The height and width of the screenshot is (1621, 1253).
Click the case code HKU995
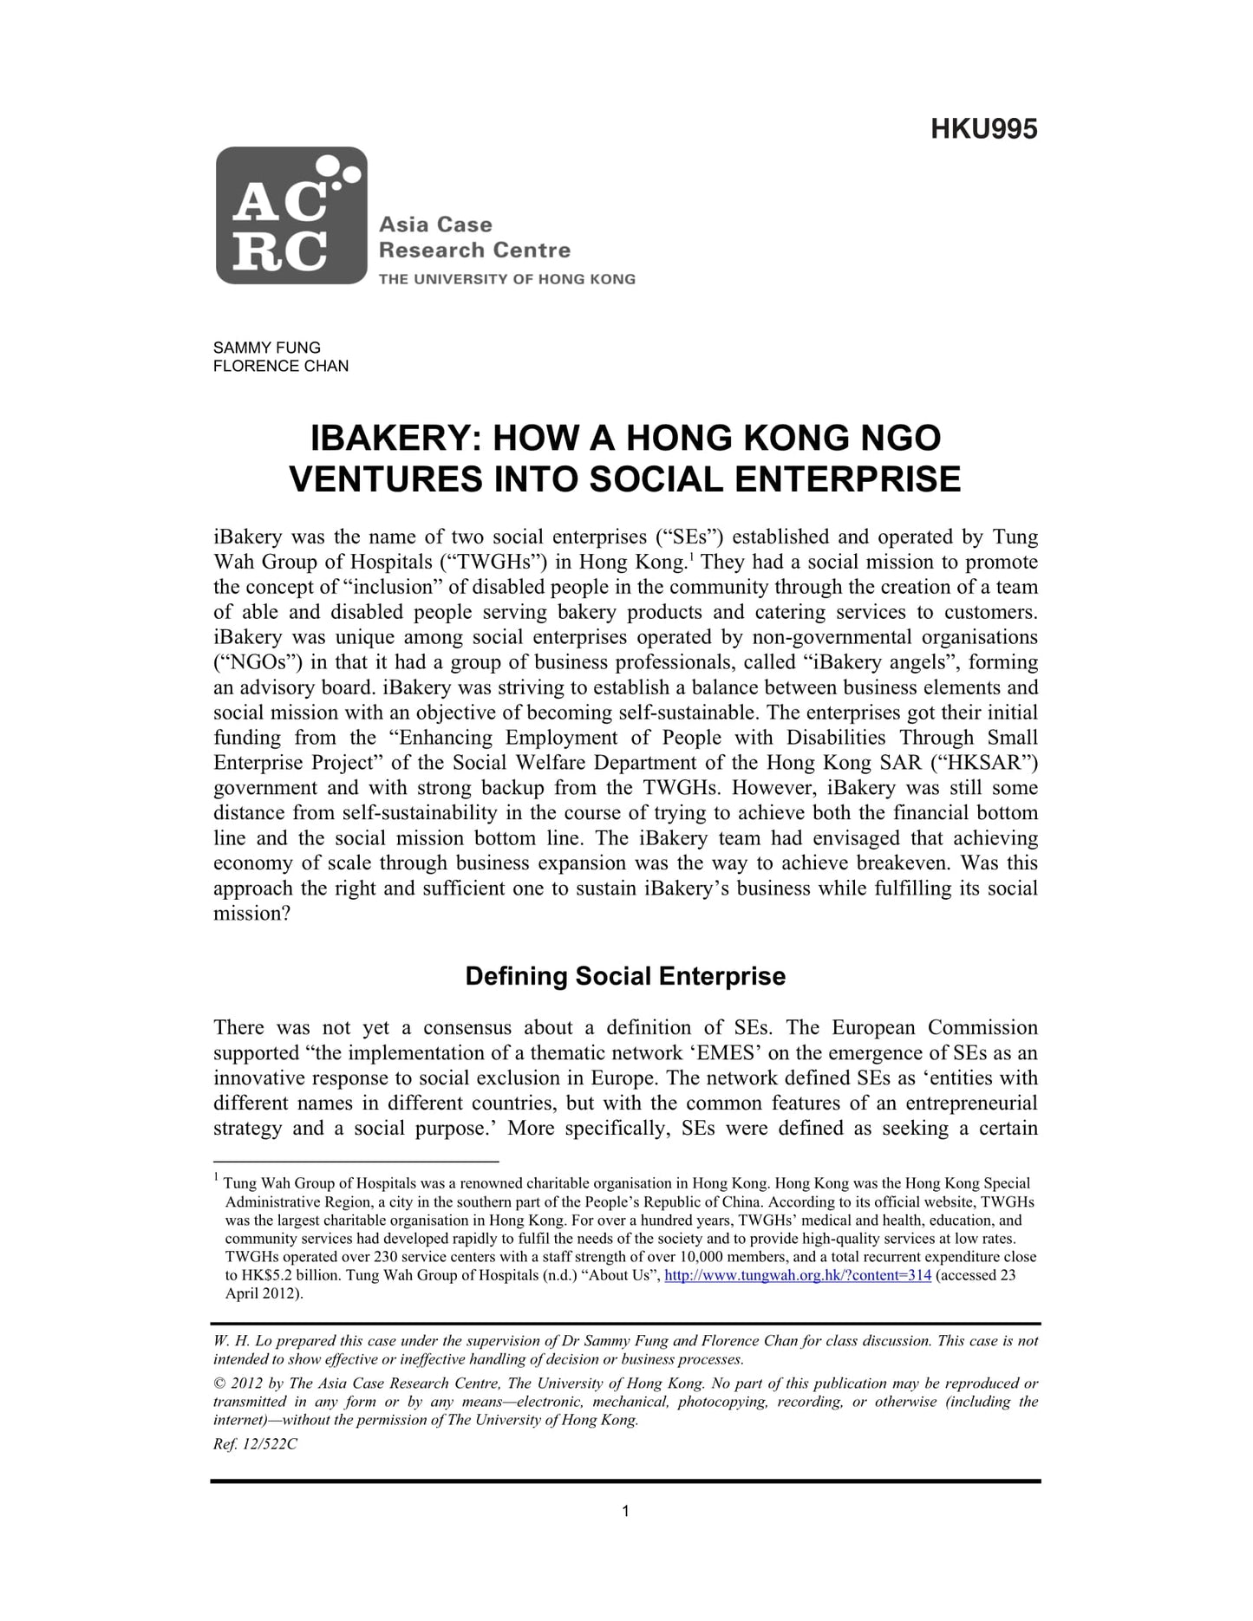[x=983, y=129]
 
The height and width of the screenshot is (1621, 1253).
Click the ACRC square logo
[x=291, y=216]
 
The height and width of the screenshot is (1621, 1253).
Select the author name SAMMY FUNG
[x=267, y=348]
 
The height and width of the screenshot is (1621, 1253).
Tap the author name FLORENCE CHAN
[x=281, y=366]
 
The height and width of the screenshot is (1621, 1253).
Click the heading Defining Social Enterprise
[x=625, y=976]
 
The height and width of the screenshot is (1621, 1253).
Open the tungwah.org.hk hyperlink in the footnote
[x=797, y=1275]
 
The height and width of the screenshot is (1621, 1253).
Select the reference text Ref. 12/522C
[x=255, y=1445]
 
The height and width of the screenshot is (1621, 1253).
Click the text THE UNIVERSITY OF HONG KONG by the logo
[x=506, y=279]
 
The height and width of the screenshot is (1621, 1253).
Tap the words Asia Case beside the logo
[x=435, y=225]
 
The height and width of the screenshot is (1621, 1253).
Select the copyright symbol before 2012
[x=219, y=1383]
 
